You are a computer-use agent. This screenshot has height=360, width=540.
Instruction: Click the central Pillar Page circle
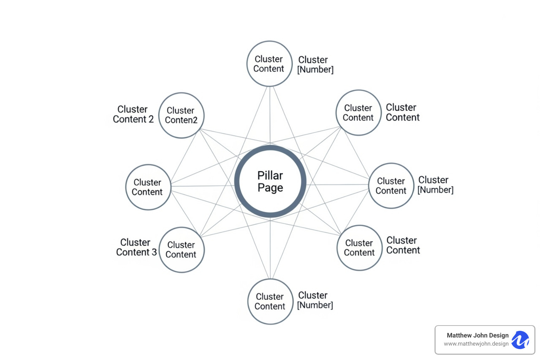tap(270, 181)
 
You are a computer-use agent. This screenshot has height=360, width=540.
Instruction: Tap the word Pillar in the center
tap(270, 175)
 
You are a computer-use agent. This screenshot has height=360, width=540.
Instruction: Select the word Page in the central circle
tap(270, 188)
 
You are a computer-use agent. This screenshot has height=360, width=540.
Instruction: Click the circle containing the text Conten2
tap(181, 115)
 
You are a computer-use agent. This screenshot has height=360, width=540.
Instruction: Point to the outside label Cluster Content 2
tap(133, 114)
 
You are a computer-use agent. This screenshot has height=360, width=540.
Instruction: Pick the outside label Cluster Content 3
tap(136, 247)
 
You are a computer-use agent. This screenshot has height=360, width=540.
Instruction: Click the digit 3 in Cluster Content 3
tap(154, 252)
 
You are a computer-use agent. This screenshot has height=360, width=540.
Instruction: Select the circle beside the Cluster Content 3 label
tap(181, 250)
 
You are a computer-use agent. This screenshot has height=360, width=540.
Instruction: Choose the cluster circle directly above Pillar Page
tap(269, 64)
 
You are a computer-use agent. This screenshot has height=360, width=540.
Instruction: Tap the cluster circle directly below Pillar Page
tap(270, 301)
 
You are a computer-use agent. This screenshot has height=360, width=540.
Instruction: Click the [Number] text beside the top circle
tap(315, 70)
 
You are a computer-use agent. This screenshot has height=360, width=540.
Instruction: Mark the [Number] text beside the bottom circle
tap(315, 305)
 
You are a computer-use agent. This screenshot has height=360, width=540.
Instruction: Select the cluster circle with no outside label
tap(148, 187)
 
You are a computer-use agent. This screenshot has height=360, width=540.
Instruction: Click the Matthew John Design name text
tap(477, 335)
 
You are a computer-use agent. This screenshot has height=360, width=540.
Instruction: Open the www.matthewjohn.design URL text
tap(476, 344)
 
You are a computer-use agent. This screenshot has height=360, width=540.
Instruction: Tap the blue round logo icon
tap(520, 340)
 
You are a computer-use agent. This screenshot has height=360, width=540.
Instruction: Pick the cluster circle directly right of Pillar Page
tap(391, 186)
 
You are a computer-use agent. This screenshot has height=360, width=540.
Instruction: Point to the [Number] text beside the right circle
tap(435, 190)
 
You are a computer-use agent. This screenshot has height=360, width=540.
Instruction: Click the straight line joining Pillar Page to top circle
tap(270, 116)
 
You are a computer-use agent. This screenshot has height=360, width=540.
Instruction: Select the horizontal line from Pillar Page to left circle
tap(202, 186)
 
